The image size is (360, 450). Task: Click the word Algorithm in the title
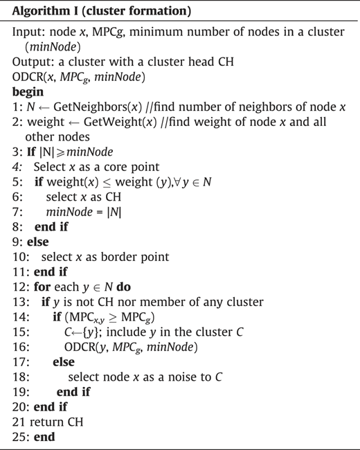pyautogui.click(x=41, y=12)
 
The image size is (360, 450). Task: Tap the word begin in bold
pyautogui.click(x=28, y=92)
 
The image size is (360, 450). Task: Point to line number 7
pyautogui.click(x=17, y=212)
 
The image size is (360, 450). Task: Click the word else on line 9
pyautogui.click(x=37, y=242)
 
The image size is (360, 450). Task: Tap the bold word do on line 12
pyautogui.click(x=124, y=287)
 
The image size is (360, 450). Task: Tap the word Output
pyautogui.click(x=32, y=62)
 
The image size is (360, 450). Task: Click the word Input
pyautogui.click(x=28, y=32)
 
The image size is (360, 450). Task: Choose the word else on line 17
pyautogui.click(x=64, y=362)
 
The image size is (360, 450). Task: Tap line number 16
pyautogui.click(x=21, y=347)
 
